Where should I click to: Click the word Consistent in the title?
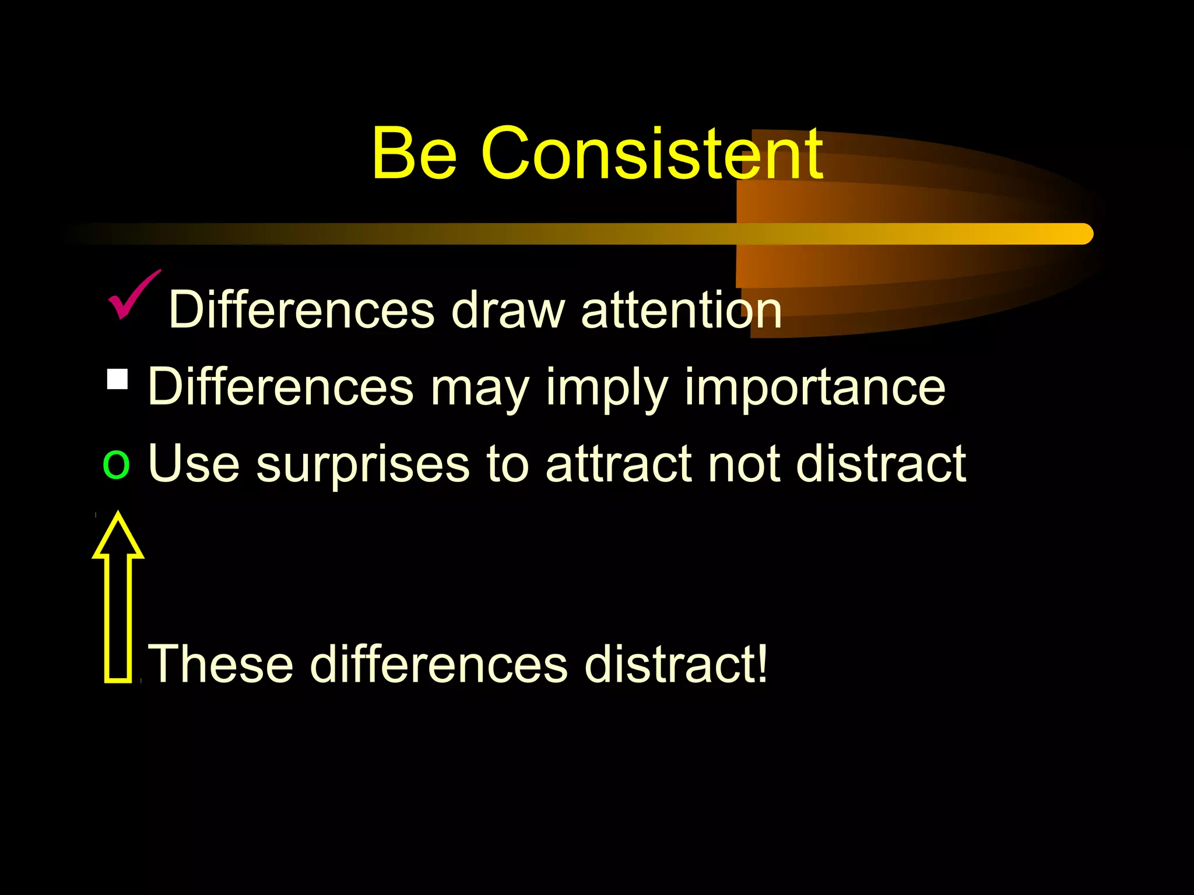[652, 154]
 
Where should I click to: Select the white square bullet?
[118, 379]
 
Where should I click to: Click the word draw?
[508, 311]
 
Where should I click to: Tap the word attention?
[681, 311]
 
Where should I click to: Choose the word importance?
[814, 387]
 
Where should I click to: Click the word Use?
[194, 464]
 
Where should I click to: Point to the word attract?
[619, 464]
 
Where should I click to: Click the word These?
[221, 664]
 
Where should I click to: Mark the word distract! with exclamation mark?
[676, 664]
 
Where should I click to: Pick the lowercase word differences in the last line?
[438, 664]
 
